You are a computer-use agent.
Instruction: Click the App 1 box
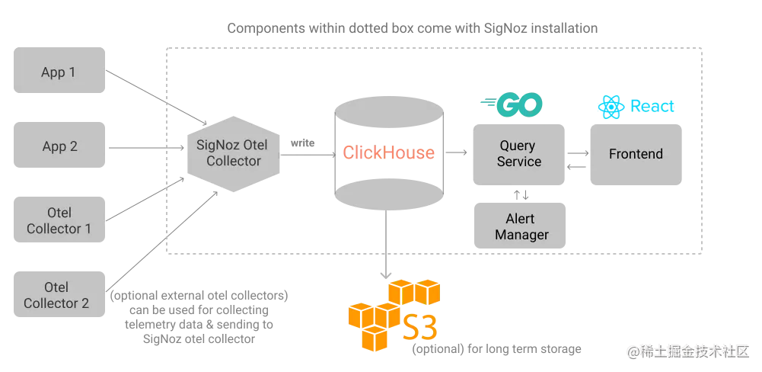59,72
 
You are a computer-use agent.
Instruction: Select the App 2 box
59,146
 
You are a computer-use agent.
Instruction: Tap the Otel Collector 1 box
59,220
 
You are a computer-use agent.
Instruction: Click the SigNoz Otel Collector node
234,153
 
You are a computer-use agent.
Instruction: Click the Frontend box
635,154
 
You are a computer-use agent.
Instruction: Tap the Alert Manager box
521,226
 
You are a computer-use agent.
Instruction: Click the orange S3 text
420,326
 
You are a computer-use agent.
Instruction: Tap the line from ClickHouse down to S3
387,244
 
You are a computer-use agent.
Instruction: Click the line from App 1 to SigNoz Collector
152,95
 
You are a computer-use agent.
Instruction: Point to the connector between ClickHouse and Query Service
455,153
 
